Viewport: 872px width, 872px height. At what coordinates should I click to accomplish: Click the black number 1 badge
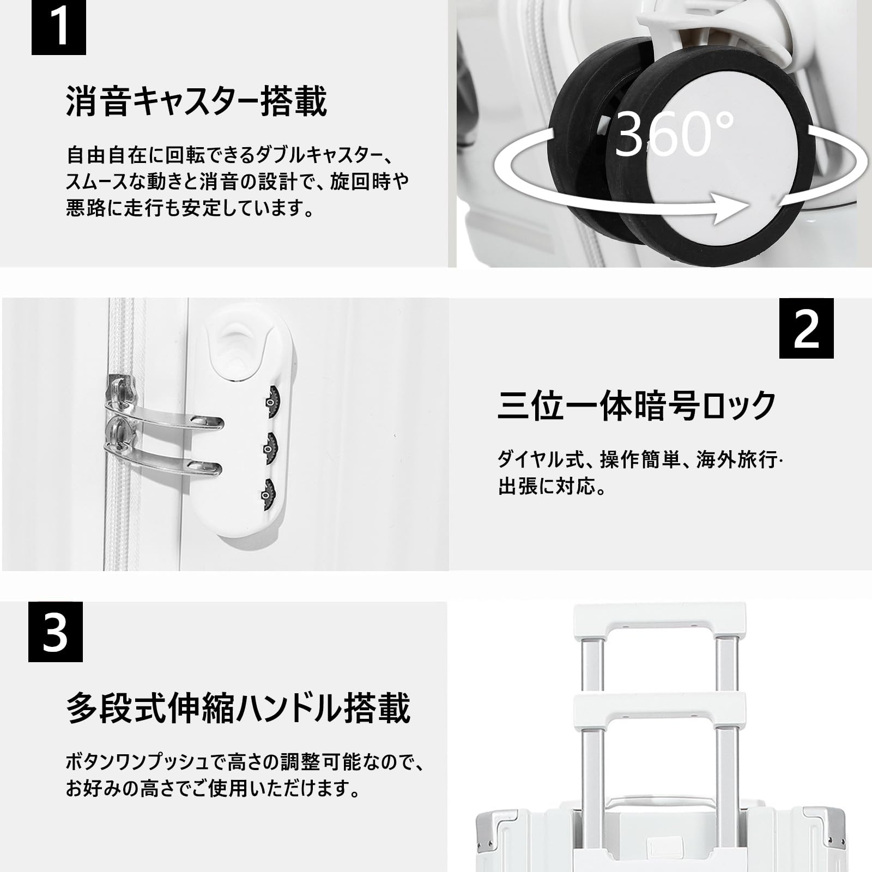(x=58, y=27)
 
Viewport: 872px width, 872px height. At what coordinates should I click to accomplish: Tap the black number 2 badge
(x=806, y=328)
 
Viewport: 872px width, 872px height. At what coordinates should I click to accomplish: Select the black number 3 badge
(x=55, y=632)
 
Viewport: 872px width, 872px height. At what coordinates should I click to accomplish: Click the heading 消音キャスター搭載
(x=196, y=101)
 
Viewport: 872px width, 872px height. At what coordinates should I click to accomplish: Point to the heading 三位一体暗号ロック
(x=637, y=405)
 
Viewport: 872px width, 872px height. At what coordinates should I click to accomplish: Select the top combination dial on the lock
(x=270, y=402)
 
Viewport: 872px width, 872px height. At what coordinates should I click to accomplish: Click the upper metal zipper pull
(x=163, y=406)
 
